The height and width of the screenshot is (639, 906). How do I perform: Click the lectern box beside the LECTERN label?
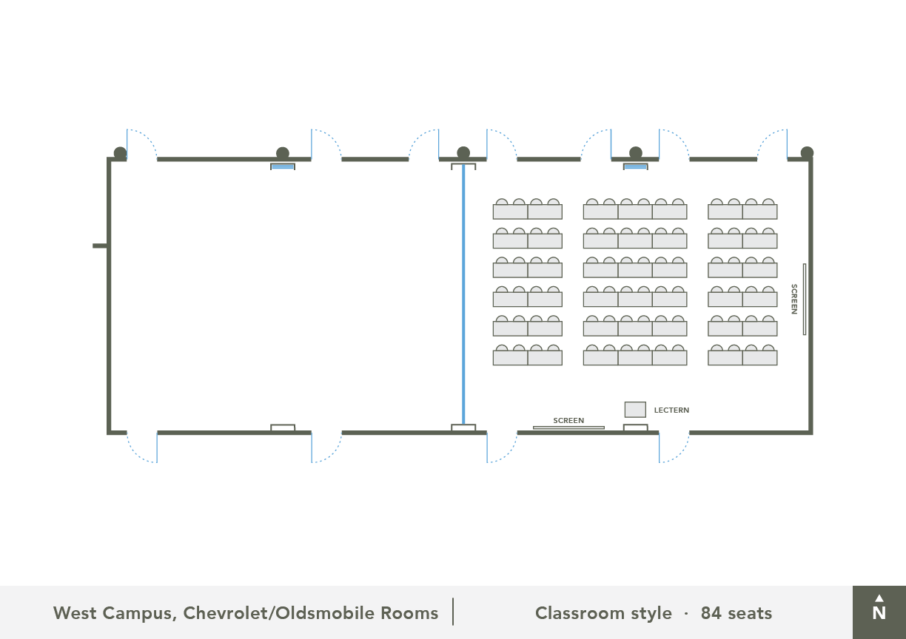click(635, 410)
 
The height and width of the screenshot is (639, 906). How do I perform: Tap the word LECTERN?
click(671, 410)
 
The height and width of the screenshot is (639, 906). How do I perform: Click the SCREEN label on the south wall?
click(568, 421)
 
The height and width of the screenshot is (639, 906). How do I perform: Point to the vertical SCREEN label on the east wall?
click(794, 299)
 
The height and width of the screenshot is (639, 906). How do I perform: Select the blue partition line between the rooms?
click(463, 296)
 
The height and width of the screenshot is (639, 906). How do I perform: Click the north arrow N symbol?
click(879, 612)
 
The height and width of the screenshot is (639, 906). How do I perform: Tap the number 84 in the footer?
click(711, 613)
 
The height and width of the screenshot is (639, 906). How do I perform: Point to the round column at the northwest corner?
click(120, 153)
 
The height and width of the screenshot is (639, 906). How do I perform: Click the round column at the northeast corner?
click(807, 153)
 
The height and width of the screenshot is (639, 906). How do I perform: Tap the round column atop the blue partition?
click(463, 153)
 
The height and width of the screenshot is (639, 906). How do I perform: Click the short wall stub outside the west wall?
click(100, 246)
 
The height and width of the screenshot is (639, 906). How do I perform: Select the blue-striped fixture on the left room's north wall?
click(283, 166)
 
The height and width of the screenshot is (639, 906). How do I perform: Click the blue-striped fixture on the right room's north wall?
click(635, 166)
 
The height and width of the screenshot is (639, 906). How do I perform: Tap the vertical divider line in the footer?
click(453, 612)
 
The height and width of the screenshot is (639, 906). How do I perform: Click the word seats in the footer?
click(749, 613)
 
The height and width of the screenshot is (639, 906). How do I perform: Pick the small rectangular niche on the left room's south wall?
click(283, 427)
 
